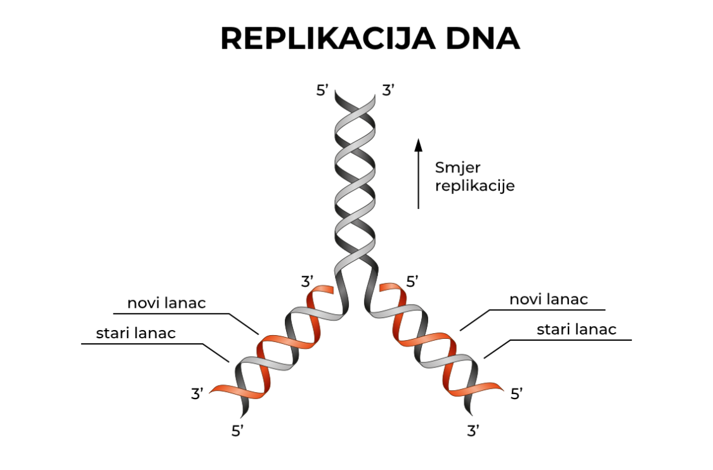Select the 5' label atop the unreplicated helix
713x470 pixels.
click(x=323, y=91)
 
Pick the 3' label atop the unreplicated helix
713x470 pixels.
click(x=389, y=91)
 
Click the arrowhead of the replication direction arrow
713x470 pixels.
click(x=418, y=145)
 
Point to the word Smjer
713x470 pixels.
click(x=458, y=168)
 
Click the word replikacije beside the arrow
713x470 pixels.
click(x=474, y=186)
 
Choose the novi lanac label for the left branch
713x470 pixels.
click(x=167, y=303)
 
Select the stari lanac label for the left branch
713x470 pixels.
click(x=136, y=333)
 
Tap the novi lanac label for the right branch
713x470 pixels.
click(x=549, y=299)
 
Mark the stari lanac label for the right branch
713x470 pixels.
click(x=577, y=329)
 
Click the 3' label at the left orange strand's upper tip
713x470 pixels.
click(x=308, y=281)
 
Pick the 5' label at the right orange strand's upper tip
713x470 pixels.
click(x=413, y=281)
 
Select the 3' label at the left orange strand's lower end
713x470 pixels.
click(x=197, y=393)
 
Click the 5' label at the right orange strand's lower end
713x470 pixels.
click(x=517, y=394)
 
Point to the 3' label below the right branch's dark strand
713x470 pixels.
click(x=473, y=431)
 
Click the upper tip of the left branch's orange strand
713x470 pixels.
click(x=329, y=289)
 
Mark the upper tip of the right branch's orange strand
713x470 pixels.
click(x=383, y=288)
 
